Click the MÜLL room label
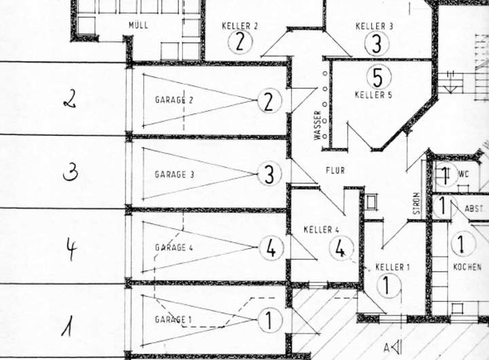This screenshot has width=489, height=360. [138, 25]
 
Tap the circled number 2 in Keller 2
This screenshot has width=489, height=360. [240, 43]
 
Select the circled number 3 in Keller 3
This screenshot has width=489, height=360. [375, 43]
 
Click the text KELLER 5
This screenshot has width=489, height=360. [373, 95]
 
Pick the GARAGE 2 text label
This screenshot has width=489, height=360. [174, 100]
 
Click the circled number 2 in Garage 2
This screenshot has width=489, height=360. [269, 102]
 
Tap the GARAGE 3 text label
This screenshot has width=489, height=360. [175, 175]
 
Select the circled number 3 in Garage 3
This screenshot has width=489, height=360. [269, 174]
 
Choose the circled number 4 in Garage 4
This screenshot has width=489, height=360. [271, 249]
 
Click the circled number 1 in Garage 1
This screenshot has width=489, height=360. [270, 320]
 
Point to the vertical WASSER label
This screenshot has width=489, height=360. [317, 126]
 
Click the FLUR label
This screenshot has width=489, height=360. [335, 170]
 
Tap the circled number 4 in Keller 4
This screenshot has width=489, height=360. [341, 249]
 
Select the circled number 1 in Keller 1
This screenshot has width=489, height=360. [386, 285]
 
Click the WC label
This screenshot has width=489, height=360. [464, 174]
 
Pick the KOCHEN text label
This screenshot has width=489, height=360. [467, 267]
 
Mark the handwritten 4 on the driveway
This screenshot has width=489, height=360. [71, 249]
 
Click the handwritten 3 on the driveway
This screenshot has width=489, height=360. [70, 173]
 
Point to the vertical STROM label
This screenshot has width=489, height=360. [416, 204]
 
